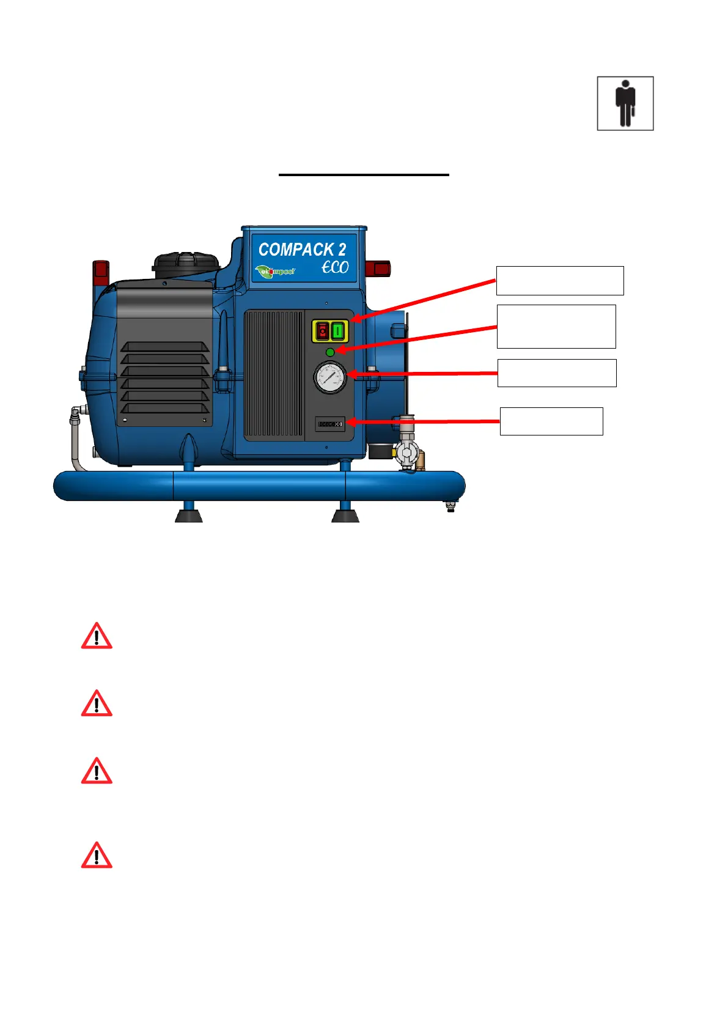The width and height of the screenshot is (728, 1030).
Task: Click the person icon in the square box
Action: pyautogui.click(x=625, y=103)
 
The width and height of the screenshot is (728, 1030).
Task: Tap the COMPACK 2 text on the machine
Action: pyautogui.click(x=302, y=250)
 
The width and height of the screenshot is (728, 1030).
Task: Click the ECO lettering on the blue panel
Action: pyautogui.click(x=335, y=267)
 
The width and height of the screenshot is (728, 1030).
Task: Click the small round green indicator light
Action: pyautogui.click(x=330, y=352)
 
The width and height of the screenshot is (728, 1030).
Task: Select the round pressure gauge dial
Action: pyautogui.click(x=330, y=377)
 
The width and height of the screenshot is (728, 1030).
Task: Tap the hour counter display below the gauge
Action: pyautogui.click(x=330, y=423)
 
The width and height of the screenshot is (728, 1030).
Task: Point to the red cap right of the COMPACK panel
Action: pyautogui.click(x=378, y=268)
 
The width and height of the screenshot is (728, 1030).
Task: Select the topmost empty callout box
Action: pyautogui.click(x=559, y=281)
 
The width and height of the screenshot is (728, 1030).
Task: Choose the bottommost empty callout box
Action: pyautogui.click(x=551, y=421)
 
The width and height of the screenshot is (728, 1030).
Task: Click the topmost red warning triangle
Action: pyautogui.click(x=97, y=636)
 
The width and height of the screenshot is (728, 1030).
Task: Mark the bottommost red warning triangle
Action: pyautogui.click(x=97, y=855)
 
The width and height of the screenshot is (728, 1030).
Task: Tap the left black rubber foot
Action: pyautogui.click(x=189, y=515)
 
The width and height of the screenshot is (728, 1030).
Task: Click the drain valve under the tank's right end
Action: pyautogui.click(x=451, y=506)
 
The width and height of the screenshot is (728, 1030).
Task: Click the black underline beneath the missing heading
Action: pyautogui.click(x=364, y=175)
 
